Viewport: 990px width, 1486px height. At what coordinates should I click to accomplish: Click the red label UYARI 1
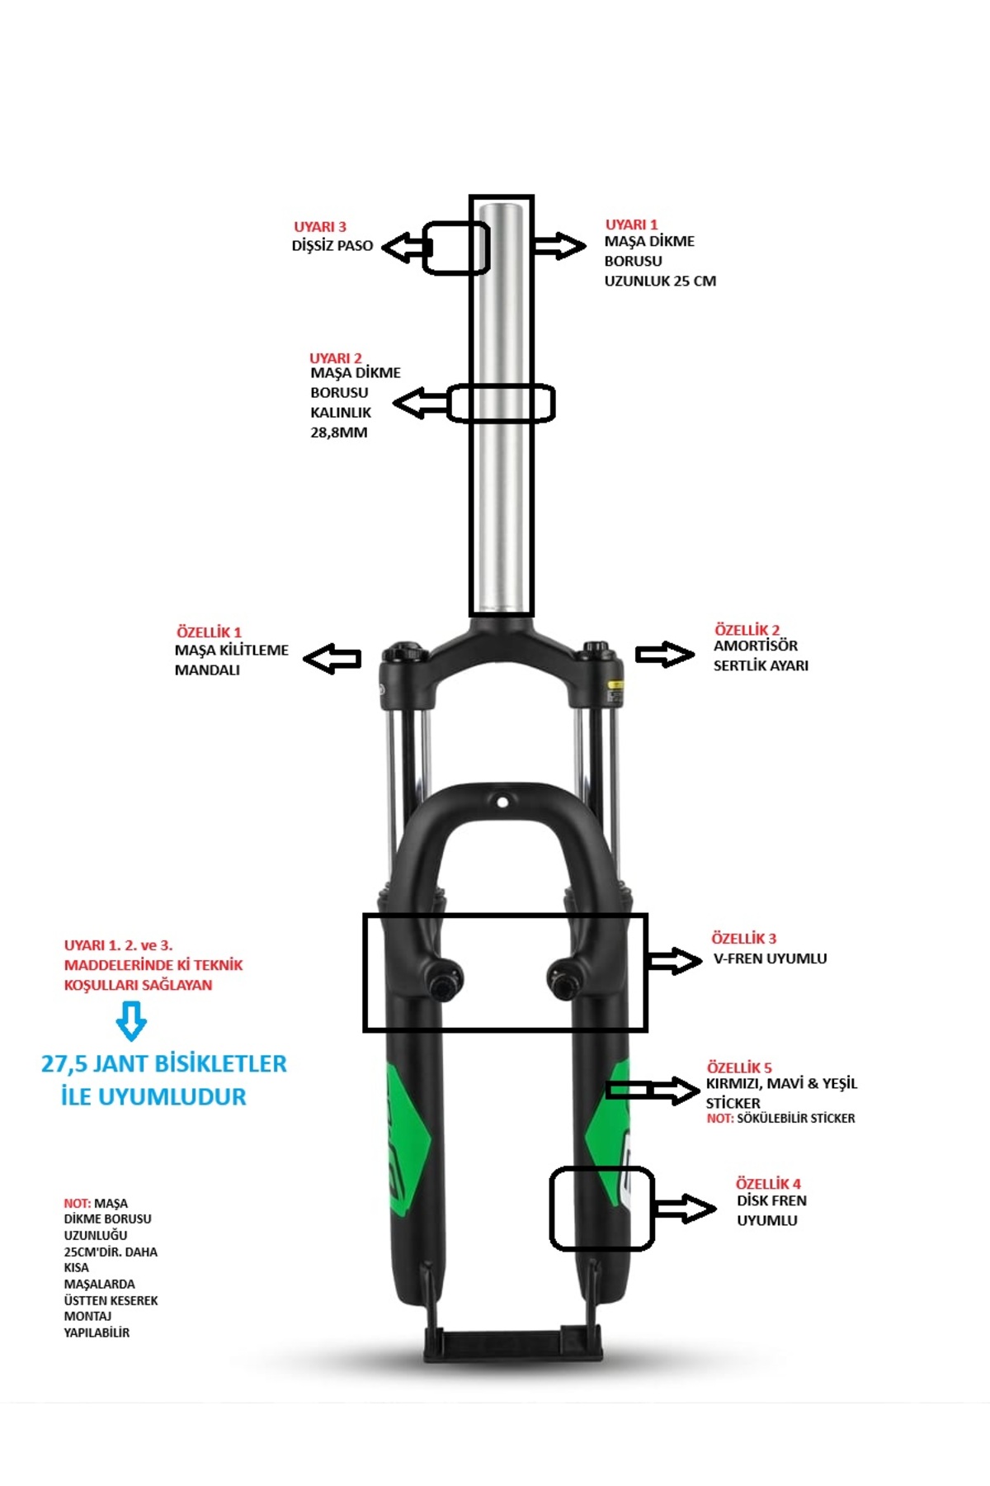pyautogui.click(x=631, y=225)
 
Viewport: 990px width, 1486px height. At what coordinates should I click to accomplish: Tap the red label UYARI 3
pyautogui.click(x=320, y=227)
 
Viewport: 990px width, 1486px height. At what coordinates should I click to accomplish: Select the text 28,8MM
pyautogui.click(x=338, y=432)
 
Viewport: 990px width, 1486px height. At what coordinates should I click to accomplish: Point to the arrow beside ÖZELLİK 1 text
pyautogui.click(x=332, y=659)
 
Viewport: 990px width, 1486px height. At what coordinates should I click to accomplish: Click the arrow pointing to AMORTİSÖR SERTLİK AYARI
pyautogui.click(x=665, y=655)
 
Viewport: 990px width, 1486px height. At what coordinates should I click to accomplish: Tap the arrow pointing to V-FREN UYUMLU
pyautogui.click(x=675, y=960)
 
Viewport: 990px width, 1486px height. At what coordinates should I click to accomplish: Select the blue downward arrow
pyautogui.click(x=131, y=1021)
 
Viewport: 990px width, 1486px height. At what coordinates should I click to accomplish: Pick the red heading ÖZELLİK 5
pyautogui.click(x=739, y=1067)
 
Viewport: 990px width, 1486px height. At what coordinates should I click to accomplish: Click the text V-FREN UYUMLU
pyautogui.click(x=770, y=958)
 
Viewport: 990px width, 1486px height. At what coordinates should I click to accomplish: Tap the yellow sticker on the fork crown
pyautogui.click(x=615, y=684)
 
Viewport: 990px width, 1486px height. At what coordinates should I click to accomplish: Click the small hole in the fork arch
pyautogui.click(x=502, y=801)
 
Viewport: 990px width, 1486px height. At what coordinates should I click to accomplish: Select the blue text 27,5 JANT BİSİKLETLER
pyautogui.click(x=164, y=1063)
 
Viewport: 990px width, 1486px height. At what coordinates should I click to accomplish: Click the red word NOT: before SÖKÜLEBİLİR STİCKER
pyautogui.click(x=720, y=1119)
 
